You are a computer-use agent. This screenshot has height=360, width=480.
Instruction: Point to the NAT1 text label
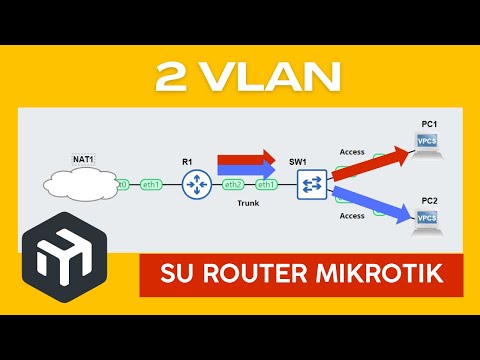[x=83, y=160]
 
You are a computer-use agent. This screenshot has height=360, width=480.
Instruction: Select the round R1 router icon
[x=196, y=185]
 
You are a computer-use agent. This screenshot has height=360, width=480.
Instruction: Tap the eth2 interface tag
[x=233, y=185]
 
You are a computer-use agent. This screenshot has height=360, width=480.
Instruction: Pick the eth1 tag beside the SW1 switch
[x=267, y=185]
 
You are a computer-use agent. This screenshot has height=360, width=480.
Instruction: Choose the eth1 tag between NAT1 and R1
[x=152, y=185]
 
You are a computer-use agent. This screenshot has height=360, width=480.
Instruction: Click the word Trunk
[x=248, y=204]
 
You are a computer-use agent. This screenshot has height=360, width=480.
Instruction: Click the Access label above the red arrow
[x=352, y=152]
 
